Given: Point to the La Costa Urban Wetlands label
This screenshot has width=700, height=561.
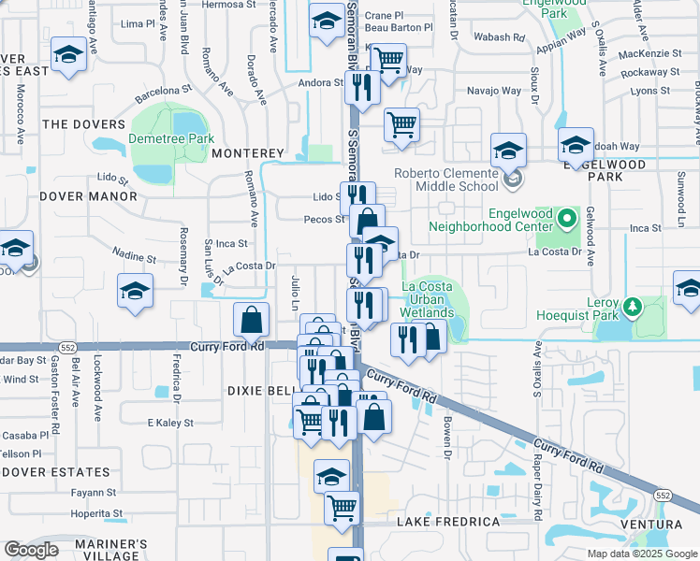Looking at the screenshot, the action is [x=427, y=299].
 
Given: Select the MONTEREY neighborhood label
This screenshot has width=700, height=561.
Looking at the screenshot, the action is [x=247, y=152].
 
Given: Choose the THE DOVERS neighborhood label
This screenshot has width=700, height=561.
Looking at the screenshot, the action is [x=83, y=124].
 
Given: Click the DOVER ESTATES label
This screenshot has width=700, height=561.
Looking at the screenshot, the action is [x=55, y=472].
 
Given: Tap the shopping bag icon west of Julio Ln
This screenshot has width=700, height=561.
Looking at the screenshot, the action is [x=252, y=322].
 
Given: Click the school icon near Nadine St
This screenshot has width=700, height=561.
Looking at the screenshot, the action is [x=136, y=291].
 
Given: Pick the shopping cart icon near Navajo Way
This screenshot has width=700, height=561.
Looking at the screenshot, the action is [x=401, y=123].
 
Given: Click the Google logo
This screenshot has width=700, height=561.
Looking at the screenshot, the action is [x=31, y=550].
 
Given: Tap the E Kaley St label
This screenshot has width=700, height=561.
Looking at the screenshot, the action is [x=169, y=423].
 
